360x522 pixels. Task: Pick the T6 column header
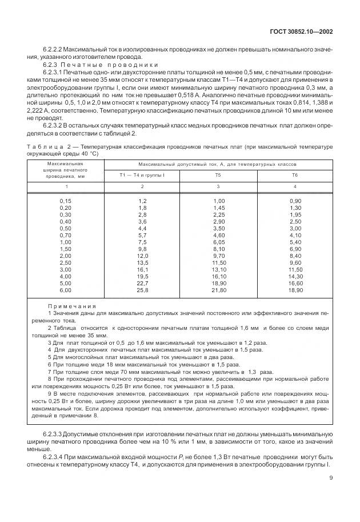(295, 174)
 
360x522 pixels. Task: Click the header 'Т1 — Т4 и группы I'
(142, 174)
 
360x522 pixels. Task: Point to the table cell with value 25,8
(142, 290)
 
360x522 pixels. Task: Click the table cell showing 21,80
(219, 290)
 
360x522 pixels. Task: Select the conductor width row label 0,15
(66, 201)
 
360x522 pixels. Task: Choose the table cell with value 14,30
(295, 277)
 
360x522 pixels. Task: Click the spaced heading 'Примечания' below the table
(72, 306)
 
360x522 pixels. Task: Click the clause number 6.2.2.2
(55, 50)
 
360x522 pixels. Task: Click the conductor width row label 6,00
(66, 290)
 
